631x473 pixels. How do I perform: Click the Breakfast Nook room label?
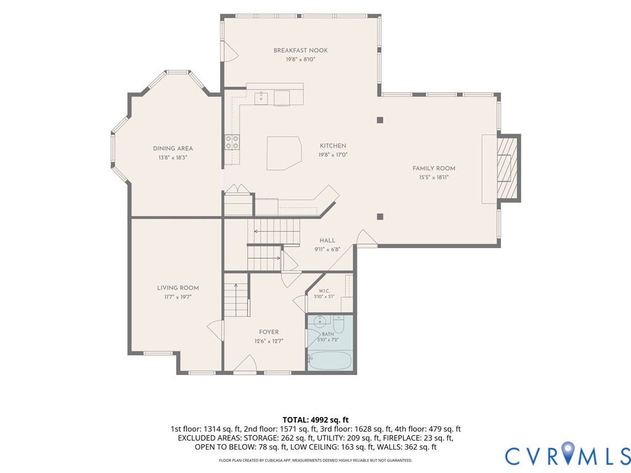[301, 51]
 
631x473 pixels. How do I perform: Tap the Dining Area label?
[173, 148]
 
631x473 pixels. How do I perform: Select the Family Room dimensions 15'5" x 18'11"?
[434, 177]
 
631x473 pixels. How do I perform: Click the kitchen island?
[284, 153]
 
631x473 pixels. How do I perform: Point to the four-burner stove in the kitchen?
[232, 142]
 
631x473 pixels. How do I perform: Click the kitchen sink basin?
[261, 98]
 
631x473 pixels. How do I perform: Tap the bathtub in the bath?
[330, 360]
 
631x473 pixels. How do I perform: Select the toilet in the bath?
[338, 324]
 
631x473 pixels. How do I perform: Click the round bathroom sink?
[320, 321]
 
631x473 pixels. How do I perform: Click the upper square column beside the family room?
[380, 120]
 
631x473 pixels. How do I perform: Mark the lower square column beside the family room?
[380, 217]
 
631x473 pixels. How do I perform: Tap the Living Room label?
[178, 288]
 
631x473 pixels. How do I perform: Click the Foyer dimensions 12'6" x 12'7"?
[269, 341]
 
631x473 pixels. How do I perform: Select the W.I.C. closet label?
[324, 291]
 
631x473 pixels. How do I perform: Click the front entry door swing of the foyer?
[245, 363]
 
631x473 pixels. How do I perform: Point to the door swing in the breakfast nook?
[230, 52]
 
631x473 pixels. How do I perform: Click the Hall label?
[327, 240]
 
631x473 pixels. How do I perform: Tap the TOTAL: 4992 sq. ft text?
[315, 420]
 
